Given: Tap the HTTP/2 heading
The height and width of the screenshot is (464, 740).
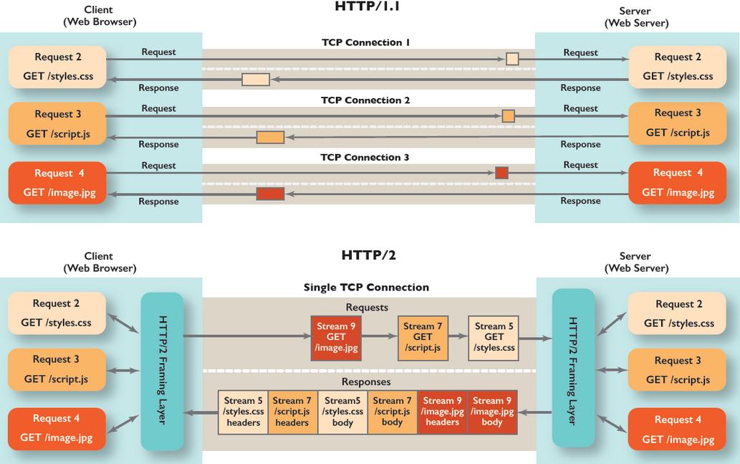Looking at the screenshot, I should pos(368,255).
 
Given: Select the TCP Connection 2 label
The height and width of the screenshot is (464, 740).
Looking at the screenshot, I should pos(365,100).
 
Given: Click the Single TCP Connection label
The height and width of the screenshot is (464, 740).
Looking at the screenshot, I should pos(366,288).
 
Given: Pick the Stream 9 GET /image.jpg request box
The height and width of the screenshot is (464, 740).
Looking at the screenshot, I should pos(336,338).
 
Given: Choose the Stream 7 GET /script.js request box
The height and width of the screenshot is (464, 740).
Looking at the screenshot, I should pos(423,337).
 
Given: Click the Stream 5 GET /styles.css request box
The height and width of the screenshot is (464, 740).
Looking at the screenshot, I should pos(494,337).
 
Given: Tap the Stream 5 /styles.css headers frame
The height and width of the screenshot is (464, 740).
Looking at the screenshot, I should pos(243,412).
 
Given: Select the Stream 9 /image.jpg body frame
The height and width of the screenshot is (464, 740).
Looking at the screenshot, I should pos(492,412).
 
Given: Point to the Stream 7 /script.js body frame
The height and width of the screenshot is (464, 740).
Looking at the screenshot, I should pos(393,412).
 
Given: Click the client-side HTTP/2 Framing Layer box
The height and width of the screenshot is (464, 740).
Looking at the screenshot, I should pos(162,370).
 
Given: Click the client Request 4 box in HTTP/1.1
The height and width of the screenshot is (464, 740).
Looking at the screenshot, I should pos(57,183).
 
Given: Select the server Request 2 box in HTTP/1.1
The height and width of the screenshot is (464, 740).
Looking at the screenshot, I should pos(678,67).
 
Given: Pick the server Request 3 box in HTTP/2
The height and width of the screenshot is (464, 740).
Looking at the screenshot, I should pos(678,370).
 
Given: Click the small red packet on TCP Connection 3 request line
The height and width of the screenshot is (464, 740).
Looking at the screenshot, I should pos(501,173).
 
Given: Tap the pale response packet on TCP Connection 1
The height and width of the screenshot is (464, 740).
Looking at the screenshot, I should pos(256,80).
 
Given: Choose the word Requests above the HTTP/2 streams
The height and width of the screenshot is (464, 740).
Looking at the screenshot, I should pos(367,307).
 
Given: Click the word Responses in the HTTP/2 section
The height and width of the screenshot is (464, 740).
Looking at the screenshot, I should pos(366,382).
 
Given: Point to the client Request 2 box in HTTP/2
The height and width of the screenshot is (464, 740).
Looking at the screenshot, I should pos(57,313).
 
